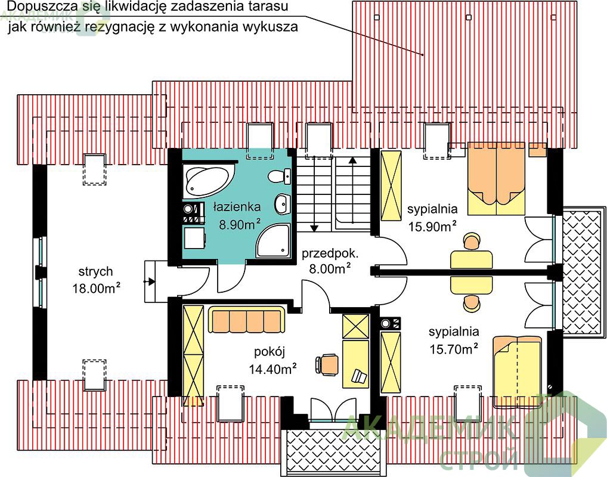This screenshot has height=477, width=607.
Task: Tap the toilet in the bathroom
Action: click(x=280, y=176)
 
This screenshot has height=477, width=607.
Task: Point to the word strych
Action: click(x=95, y=271)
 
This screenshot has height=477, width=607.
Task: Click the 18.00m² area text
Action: click(x=97, y=289)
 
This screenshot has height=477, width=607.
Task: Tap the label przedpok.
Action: click(x=330, y=253)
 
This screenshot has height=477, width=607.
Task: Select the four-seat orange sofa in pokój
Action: click(x=247, y=320)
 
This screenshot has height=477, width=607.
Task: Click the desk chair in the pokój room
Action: click(x=327, y=364)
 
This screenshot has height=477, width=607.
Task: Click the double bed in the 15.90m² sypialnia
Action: click(x=496, y=178)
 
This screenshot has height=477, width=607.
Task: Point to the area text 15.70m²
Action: click(x=454, y=349)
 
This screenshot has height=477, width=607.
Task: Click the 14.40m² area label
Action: click(x=272, y=369)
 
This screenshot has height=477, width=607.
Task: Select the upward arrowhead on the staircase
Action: click(x=352, y=160)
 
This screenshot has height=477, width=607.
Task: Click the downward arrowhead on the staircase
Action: click(x=314, y=228)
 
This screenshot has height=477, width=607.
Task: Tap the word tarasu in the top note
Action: click(x=270, y=7)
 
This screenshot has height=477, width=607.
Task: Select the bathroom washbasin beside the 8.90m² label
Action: click(x=283, y=204)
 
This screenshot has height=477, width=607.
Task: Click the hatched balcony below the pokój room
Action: click(x=333, y=453)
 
